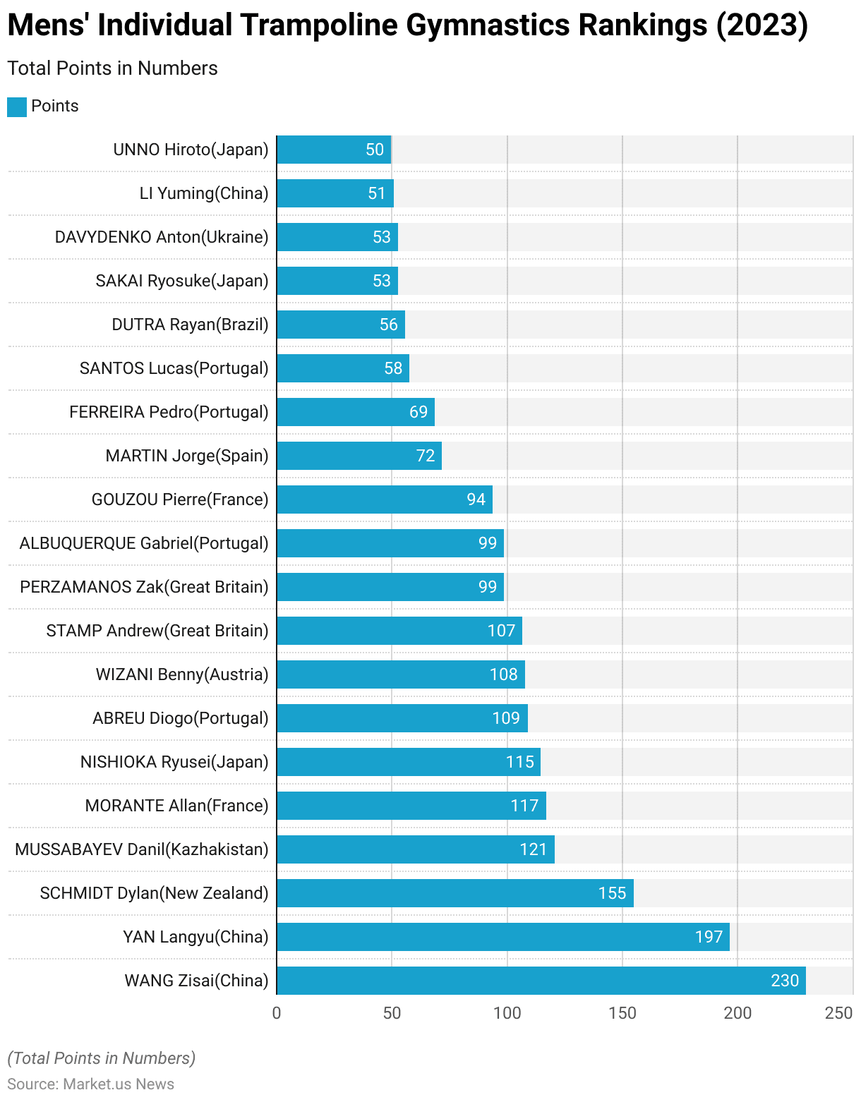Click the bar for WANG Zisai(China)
tap(541, 981)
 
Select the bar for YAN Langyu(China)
tap(502, 937)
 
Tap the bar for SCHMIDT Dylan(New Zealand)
tap(454, 893)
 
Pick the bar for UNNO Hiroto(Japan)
tap(333, 150)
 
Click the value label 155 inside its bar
tap(612, 893)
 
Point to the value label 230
tap(785, 981)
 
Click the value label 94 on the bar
tap(476, 499)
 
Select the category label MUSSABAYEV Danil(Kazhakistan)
tap(142, 849)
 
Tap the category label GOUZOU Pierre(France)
tap(180, 499)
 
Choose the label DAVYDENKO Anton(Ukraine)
tap(162, 237)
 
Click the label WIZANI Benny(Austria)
tap(182, 674)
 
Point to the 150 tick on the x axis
tap(622, 1013)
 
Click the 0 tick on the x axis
tap(277, 1013)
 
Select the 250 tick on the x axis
tap(838, 1013)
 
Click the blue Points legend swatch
tap(17, 107)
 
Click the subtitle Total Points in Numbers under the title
tap(113, 68)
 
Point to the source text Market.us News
tap(119, 1084)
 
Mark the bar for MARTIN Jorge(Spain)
tap(359, 456)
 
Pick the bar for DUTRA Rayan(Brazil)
tap(340, 325)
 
